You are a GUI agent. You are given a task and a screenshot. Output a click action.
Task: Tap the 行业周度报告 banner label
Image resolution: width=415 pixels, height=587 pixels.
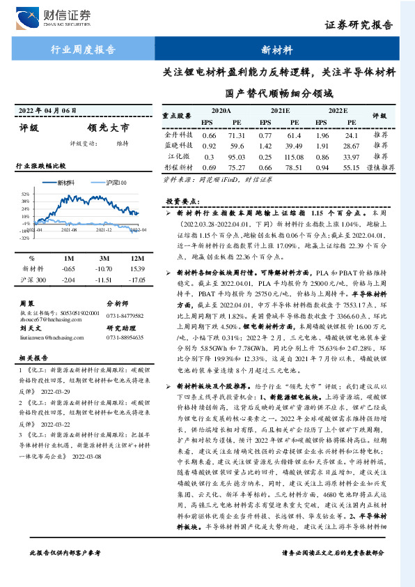84,50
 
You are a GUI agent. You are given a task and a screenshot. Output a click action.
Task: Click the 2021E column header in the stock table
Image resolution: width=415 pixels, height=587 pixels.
280,111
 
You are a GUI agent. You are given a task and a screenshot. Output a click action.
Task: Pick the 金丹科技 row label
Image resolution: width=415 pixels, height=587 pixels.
178,135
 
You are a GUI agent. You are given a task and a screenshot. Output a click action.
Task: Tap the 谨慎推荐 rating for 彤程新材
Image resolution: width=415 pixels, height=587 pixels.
380,168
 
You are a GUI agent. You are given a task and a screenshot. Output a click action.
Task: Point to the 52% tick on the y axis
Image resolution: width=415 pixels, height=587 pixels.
25,194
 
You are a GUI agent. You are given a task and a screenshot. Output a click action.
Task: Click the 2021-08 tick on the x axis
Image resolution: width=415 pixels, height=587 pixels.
69,229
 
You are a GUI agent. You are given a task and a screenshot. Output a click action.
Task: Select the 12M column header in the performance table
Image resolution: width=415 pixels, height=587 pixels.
136,257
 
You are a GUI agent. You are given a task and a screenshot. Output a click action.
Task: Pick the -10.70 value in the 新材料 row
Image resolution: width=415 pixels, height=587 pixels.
105,268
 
